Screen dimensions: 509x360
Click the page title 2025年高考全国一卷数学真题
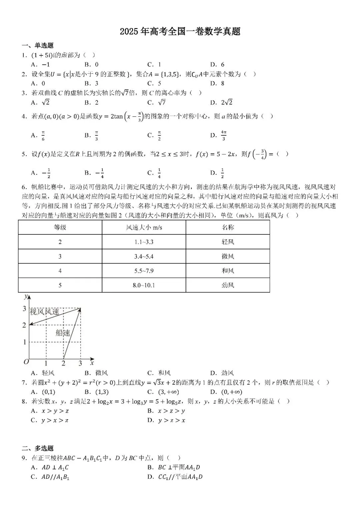(180, 31)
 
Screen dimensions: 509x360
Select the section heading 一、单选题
(38, 46)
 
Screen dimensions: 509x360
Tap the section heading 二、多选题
(38, 448)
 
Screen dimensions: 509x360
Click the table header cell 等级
(60, 227)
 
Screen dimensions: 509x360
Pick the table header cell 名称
(228, 227)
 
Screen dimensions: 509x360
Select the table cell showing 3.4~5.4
(144, 257)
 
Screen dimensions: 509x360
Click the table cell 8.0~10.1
(144, 285)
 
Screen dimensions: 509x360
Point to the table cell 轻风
(228, 242)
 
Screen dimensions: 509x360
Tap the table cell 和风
(228, 271)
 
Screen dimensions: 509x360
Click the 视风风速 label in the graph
(44, 312)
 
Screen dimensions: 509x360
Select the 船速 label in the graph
(63, 333)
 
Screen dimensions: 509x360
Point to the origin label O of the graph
(26, 362)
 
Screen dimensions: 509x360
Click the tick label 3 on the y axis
(24, 309)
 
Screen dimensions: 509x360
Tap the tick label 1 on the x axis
(46, 364)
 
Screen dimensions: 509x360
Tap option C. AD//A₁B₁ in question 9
(50, 477)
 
